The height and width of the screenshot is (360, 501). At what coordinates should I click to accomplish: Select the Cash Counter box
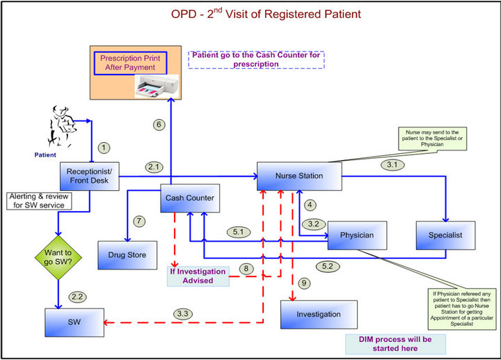coord(190,198)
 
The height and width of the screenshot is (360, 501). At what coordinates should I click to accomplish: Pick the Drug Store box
coord(127,255)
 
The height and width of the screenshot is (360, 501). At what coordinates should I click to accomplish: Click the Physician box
coord(357,235)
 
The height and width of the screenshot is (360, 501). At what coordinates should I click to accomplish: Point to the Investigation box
coord(319,315)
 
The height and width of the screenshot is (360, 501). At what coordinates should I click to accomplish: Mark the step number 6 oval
coord(159,124)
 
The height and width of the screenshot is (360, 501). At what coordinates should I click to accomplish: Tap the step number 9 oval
coord(303,283)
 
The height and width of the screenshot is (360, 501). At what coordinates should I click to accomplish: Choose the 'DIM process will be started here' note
coord(395,343)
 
